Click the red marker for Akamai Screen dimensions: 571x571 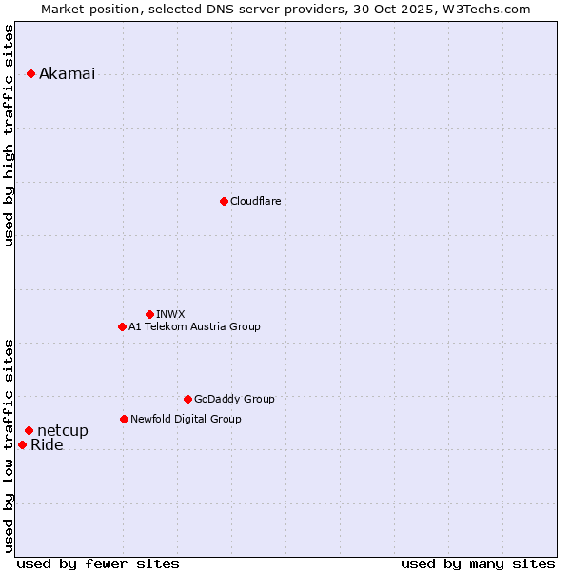coord(30,73)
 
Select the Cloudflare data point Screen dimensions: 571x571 coord(224,201)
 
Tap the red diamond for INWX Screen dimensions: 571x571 coord(149,314)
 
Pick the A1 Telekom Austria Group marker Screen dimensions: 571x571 coord(122,326)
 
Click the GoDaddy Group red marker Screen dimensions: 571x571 coord(187,399)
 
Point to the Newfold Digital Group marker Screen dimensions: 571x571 coord(124,419)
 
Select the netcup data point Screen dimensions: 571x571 coord(29,430)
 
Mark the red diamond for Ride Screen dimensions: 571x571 coord(22,444)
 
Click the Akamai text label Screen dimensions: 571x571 coord(67,74)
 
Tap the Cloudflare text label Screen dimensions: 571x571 coord(255,201)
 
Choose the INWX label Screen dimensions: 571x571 coord(170,314)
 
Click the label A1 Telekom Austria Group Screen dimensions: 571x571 coord(194,326)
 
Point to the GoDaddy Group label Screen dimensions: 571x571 coord(234,399)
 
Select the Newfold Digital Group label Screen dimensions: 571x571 coord(186,419)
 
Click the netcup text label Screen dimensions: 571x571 coord(63,431)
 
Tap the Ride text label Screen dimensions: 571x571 coord(47,445)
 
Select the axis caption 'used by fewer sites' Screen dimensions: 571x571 coord(98,563)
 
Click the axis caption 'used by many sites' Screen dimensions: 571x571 coord(478,563)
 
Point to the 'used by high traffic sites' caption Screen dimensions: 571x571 coord(10,134)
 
